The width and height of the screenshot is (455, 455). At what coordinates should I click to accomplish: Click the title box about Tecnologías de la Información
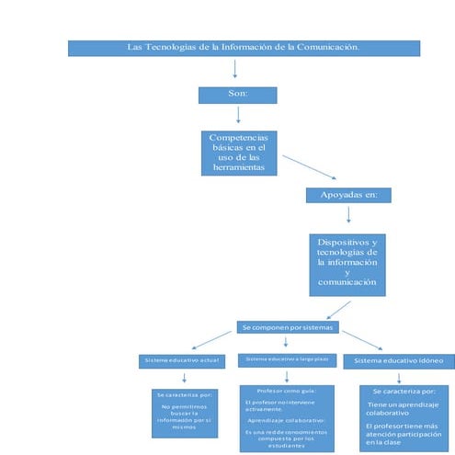pyautogui.click(x=244, y=48)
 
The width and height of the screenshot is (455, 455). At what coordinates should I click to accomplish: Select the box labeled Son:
pyautogui.click(x=238, y=95)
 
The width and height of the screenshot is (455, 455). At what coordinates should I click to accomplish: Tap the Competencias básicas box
pyautogui.click(x=238, y=152)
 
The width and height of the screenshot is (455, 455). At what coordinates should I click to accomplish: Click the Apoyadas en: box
pyautogui.click(x=348, y=195)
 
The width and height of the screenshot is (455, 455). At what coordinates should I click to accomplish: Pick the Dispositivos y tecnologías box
pyautogui.click(x=347, y=263)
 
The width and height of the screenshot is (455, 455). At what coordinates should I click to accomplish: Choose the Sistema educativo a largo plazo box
pyautogui.click(x=287, y=358)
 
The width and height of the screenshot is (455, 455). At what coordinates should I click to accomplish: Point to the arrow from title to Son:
pyautogui.click(x=236, y=70)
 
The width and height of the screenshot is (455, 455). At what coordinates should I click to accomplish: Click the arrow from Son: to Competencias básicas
pyautogui.click(x=238, y=115)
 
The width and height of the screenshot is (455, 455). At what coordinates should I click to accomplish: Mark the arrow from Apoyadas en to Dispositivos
pyautogui.click(x=348, y=215)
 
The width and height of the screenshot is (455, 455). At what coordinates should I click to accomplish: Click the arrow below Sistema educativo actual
pyautogui.click(x=185, y=376)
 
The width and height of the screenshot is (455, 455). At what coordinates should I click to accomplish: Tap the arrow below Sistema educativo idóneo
pyautogui.click(x=397, y=377)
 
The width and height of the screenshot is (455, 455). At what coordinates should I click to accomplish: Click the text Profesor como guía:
pyautogui.click(x=286, y=390)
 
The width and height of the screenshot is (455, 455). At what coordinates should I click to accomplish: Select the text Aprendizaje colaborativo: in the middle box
pyautogui.click(x=286, y=418)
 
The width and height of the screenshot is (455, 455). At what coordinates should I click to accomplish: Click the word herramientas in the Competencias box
pyautogui.click(x=238, y=169)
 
